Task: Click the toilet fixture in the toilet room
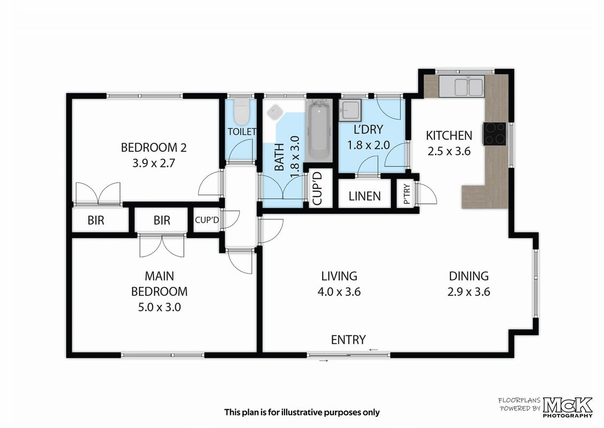(242, 112)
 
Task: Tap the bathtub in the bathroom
(320, 130)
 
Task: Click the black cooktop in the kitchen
(495, 134)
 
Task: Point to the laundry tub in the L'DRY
(350, 110)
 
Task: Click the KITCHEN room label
(449, 135)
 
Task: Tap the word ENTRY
(348, 340)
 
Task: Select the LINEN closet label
(364, 196)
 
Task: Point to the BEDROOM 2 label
(154, 148)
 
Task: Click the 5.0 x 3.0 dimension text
(159, 308)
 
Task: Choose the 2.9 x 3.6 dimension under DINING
(469, 292)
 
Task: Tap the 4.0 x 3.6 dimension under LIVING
(339, 292)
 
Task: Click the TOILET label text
(242, 132)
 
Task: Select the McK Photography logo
(568, 407)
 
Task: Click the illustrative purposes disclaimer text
(302, 412)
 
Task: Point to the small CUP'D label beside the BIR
(207, 220)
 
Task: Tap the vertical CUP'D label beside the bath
(318, 188)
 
